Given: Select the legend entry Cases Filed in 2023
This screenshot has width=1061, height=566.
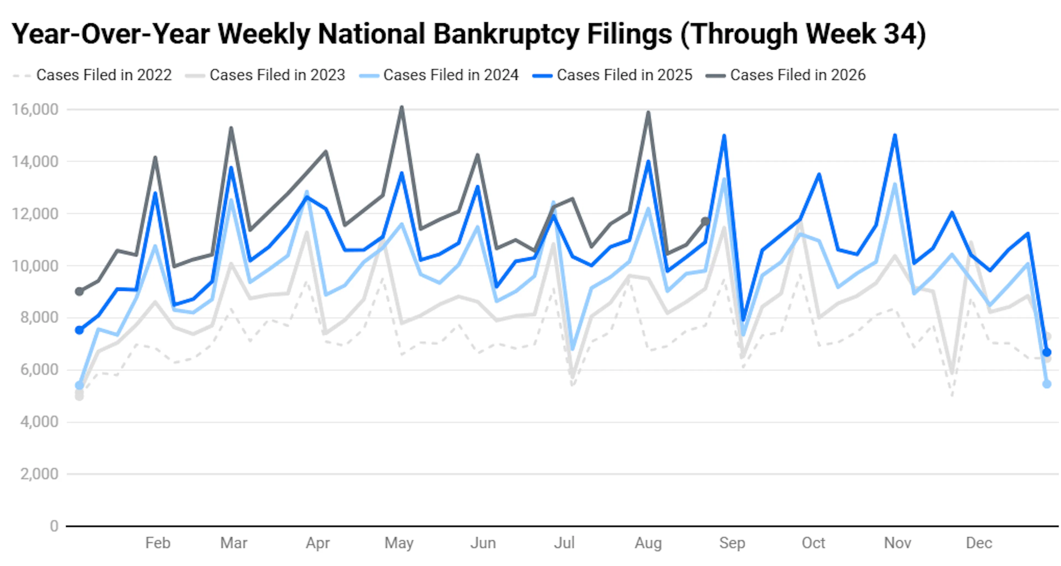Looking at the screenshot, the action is point(265,75).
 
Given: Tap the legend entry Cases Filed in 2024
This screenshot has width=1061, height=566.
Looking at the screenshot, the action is point(439,75).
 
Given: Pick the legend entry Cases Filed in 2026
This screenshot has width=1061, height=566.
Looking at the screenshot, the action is point(786,75).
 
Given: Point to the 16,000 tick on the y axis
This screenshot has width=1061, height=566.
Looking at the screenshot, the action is point(35,110).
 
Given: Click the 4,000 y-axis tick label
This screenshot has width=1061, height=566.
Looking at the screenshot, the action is point(40,422).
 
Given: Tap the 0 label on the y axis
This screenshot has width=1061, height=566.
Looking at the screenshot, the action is point(54,526).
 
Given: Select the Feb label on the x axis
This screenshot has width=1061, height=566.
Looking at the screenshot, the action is point(158,543).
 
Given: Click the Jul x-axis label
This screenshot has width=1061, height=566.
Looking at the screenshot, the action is point(564,543).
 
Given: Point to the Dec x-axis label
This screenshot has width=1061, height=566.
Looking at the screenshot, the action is point(979,543).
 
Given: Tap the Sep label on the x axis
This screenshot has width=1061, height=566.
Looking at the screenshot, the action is point(732,543).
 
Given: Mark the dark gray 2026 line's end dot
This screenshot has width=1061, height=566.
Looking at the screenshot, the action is point(706,221).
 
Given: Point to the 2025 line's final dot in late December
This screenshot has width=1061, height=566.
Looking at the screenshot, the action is point(1047,352).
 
